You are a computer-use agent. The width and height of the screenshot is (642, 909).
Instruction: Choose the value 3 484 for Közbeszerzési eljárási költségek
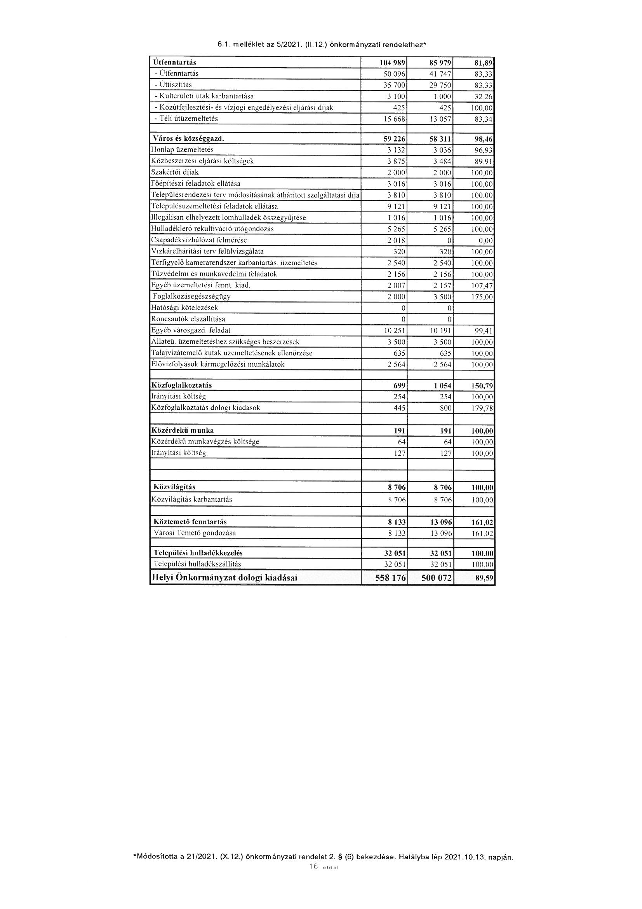click(x=442, y=161)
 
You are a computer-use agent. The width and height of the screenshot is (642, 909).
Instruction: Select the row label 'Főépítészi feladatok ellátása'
click(x=195, y=184)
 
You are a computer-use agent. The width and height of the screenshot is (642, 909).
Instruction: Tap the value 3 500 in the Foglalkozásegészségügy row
click(x=442, y=297)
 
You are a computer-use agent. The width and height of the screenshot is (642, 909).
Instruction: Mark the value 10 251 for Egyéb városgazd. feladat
click(x=392, y=330)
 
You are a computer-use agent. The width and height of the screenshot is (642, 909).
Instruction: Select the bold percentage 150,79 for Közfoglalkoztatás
click(x=481, y=386)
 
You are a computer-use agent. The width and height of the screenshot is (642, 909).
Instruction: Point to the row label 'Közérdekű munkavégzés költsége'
click(x=205, y=441)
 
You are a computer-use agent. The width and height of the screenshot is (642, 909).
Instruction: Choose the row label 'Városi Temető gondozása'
click(x=195, y=533)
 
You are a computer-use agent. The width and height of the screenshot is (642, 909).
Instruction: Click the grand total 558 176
click(x=390, y=578)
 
